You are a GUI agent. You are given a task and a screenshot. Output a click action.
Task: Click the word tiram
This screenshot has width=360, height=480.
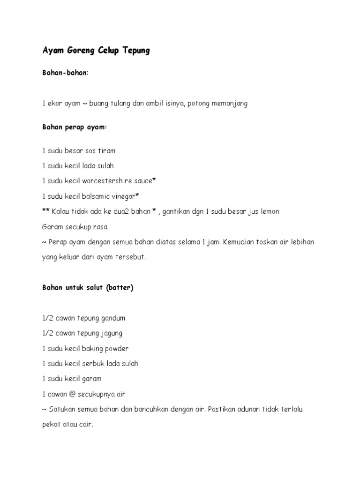[106, 151]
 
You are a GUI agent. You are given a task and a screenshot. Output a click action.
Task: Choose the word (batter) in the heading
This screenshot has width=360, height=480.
[120, 288]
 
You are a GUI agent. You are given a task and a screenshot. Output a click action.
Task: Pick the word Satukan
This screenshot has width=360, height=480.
[61, 409]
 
